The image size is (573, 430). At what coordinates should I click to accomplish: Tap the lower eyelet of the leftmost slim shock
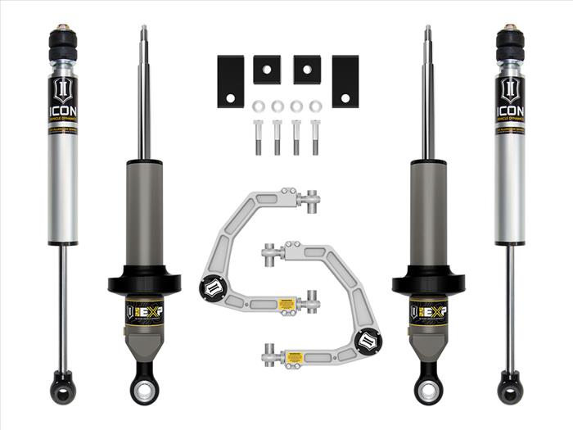tap(63, 383)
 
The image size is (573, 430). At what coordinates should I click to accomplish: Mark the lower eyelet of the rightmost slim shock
tap(510, 383)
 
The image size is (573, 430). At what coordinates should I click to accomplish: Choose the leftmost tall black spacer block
tap(230, 81)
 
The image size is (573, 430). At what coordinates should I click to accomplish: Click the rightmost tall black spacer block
tap(345, 81)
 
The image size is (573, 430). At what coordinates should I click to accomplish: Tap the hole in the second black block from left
tap(267, 70)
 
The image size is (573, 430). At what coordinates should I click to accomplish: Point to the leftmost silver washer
tap(259, 106)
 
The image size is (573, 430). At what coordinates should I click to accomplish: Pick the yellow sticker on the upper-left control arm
tap(286, 305)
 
